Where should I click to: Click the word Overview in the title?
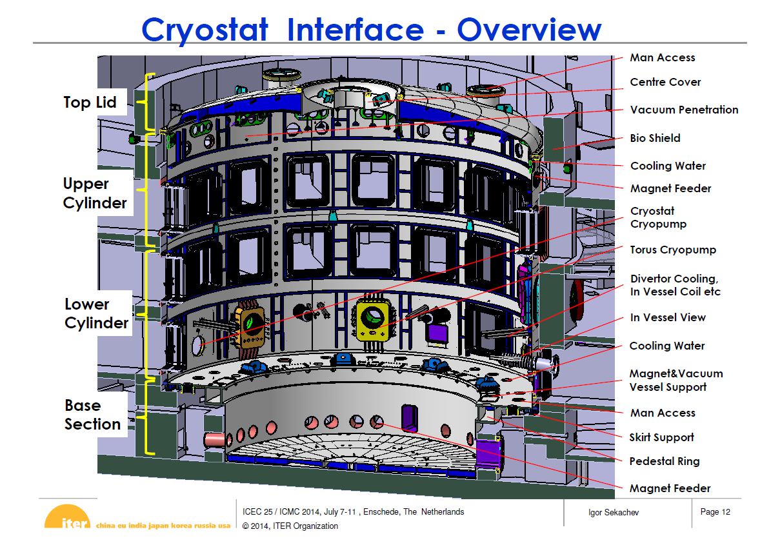(529, 30)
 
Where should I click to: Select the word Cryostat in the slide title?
(205, 30)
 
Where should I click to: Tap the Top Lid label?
(90, 102)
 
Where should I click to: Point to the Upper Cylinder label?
(95, 193)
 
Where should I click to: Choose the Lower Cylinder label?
(96, 313)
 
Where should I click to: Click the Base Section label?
(92, 415)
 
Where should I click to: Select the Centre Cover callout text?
(665, 82)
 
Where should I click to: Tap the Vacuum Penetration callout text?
(684, 110)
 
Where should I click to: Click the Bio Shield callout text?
(655, 138)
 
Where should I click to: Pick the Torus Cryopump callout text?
(673, 250)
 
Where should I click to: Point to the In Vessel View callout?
(668, 317)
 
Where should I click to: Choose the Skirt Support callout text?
(661, 437)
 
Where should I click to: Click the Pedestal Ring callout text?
(665, 461)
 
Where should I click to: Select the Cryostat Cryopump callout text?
(658, 218)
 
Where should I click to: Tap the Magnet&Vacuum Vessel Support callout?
(676, 381)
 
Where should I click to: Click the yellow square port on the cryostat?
(373, 319)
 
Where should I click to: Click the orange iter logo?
(67, 517)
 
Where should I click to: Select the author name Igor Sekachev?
(613, 513)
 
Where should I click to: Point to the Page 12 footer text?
(715, 512)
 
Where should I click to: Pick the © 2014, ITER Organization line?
(290, 526)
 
